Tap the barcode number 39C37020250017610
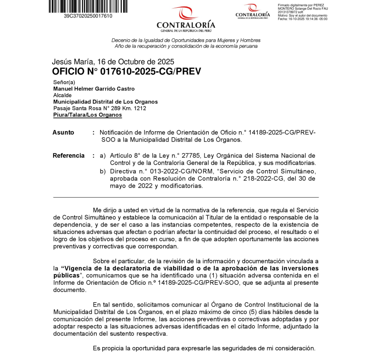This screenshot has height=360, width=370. [x=88, y=16]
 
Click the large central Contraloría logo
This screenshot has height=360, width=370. [x=186, y=19]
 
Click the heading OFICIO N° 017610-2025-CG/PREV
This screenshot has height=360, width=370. [x=126, y=71]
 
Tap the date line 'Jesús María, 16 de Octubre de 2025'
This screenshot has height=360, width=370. [x=113, y=62]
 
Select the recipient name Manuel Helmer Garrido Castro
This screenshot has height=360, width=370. [x=94, y=89]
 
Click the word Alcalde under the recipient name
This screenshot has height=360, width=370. [x=62, y=95]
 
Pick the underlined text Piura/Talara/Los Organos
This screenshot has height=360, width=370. [x=87, y=115]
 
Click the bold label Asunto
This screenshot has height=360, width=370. [x=63, y=133]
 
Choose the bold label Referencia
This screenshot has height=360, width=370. [x=68, y=156]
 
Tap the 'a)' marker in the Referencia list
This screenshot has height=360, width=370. [x=103, y=156]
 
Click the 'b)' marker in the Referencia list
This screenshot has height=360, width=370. [x=103, y=171]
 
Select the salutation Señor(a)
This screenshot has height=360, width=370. [x=64, y=83]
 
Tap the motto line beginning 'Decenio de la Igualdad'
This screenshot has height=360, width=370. [x=186, y=40]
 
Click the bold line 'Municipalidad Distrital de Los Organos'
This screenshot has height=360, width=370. [x=105, y=102]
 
